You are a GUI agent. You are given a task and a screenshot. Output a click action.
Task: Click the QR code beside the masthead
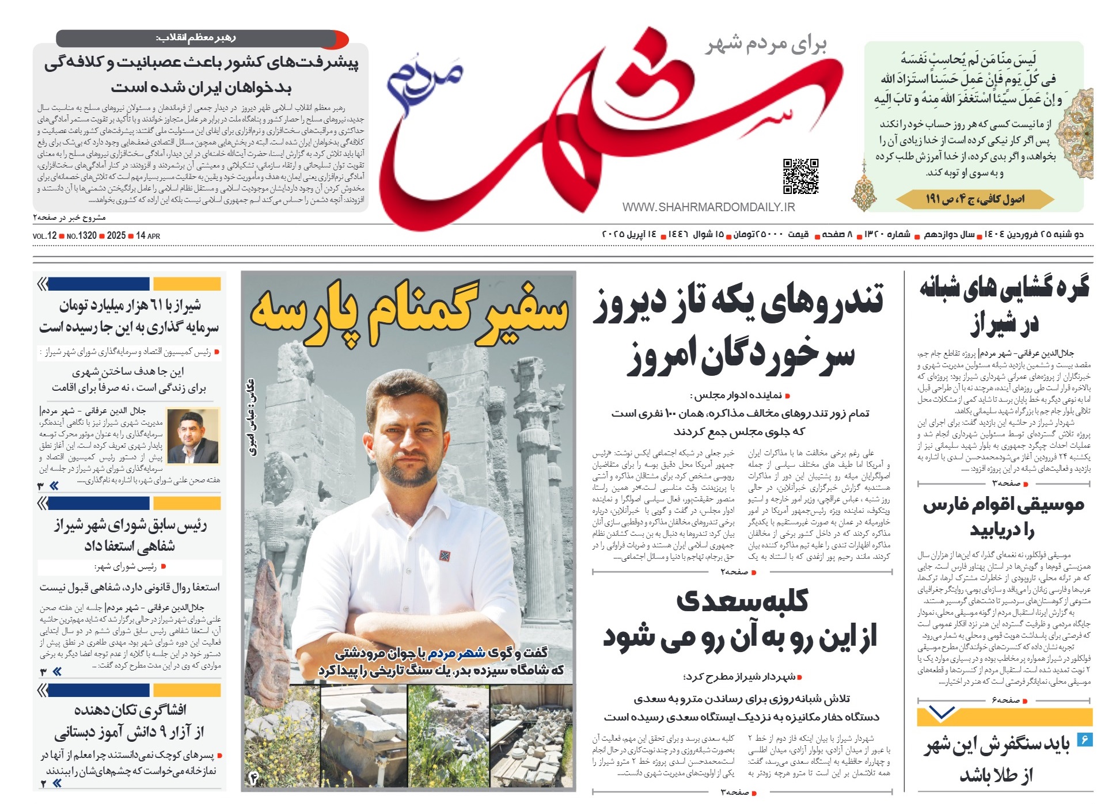tap(800, 176)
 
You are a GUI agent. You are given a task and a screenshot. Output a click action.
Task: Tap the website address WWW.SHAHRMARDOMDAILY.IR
tap(708, 207)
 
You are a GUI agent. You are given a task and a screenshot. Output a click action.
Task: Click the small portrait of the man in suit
tap(193, 436)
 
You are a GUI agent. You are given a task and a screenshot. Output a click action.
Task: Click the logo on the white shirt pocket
tap(445, 556)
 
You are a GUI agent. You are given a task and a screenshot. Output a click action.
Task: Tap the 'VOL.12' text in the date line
tap(44, 236)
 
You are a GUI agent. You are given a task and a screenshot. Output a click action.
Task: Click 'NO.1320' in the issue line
tap(81, 236)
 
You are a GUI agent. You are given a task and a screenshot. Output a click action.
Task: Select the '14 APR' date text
tap(148, 236)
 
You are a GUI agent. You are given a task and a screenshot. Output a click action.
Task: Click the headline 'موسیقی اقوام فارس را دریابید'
tap(1003, 517)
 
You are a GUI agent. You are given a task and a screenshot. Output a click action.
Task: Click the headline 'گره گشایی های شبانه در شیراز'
tap(1004, 306)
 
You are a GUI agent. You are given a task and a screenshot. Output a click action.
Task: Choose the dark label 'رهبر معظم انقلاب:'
tap(196, 38)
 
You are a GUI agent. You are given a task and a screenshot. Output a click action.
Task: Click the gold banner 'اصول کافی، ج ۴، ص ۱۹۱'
tap(975, 199)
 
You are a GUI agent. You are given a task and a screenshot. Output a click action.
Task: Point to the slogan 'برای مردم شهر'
tap(766, 44)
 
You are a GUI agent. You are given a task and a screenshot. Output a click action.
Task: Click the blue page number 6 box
tap(1084, 739)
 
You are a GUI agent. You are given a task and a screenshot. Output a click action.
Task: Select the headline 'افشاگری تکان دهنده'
tap(130, 710)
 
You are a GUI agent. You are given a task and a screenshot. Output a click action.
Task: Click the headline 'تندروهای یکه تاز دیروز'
tap(738, 302)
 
